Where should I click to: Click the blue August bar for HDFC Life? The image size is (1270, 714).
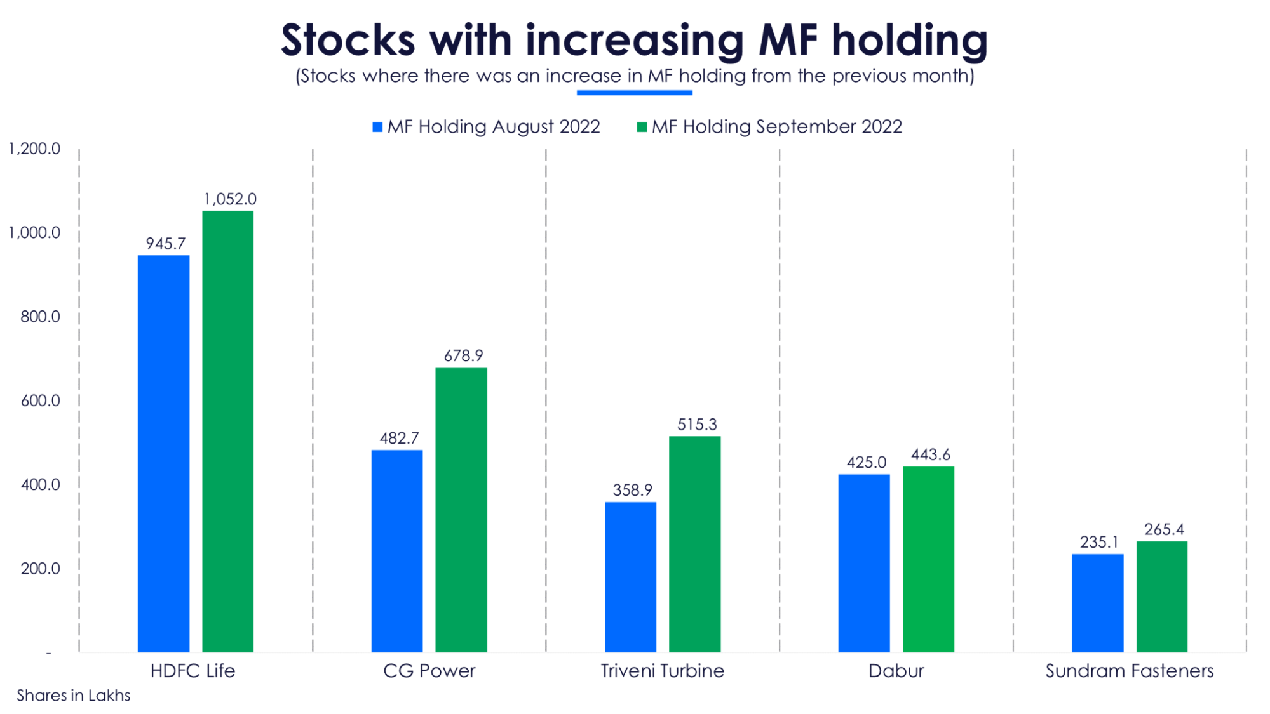163,453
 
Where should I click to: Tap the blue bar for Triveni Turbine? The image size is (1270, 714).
630,577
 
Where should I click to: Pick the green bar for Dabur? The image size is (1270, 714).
928,559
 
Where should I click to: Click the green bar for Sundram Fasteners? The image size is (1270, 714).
1161,597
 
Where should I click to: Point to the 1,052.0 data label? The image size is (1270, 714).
230,199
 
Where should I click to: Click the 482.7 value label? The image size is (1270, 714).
399,438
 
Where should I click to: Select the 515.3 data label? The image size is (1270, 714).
696,424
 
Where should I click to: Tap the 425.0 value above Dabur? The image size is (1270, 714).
866,462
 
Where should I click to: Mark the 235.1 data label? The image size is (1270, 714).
1099,542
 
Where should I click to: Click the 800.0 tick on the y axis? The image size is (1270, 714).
40,316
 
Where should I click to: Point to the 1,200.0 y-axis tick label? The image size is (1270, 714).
34,149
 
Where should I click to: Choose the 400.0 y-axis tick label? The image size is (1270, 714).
40,484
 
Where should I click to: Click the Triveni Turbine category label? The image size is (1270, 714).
662,671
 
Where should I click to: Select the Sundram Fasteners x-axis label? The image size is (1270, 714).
1129,671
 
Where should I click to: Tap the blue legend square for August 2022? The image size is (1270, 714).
377,127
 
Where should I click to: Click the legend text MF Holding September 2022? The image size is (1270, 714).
776,126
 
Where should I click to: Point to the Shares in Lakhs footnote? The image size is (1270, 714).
73,696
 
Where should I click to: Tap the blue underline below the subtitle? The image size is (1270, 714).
634,93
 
